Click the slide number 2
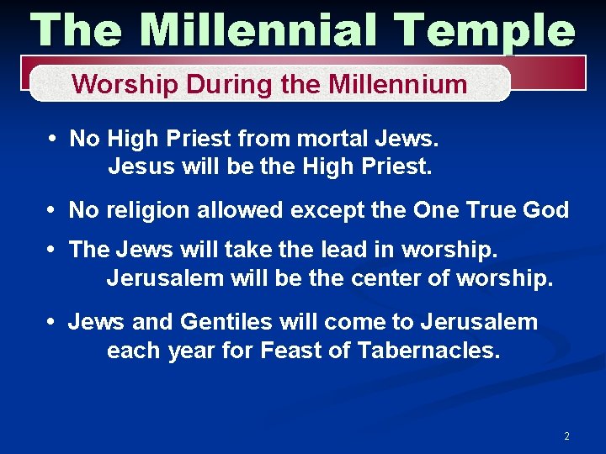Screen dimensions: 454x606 [566, 436]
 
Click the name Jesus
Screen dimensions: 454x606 [138, 166]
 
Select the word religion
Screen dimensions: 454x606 [146, 210]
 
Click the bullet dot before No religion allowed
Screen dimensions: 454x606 [52, 210]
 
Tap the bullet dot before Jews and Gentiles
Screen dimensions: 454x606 [52, 322]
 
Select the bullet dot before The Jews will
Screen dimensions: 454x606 [52, 250]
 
